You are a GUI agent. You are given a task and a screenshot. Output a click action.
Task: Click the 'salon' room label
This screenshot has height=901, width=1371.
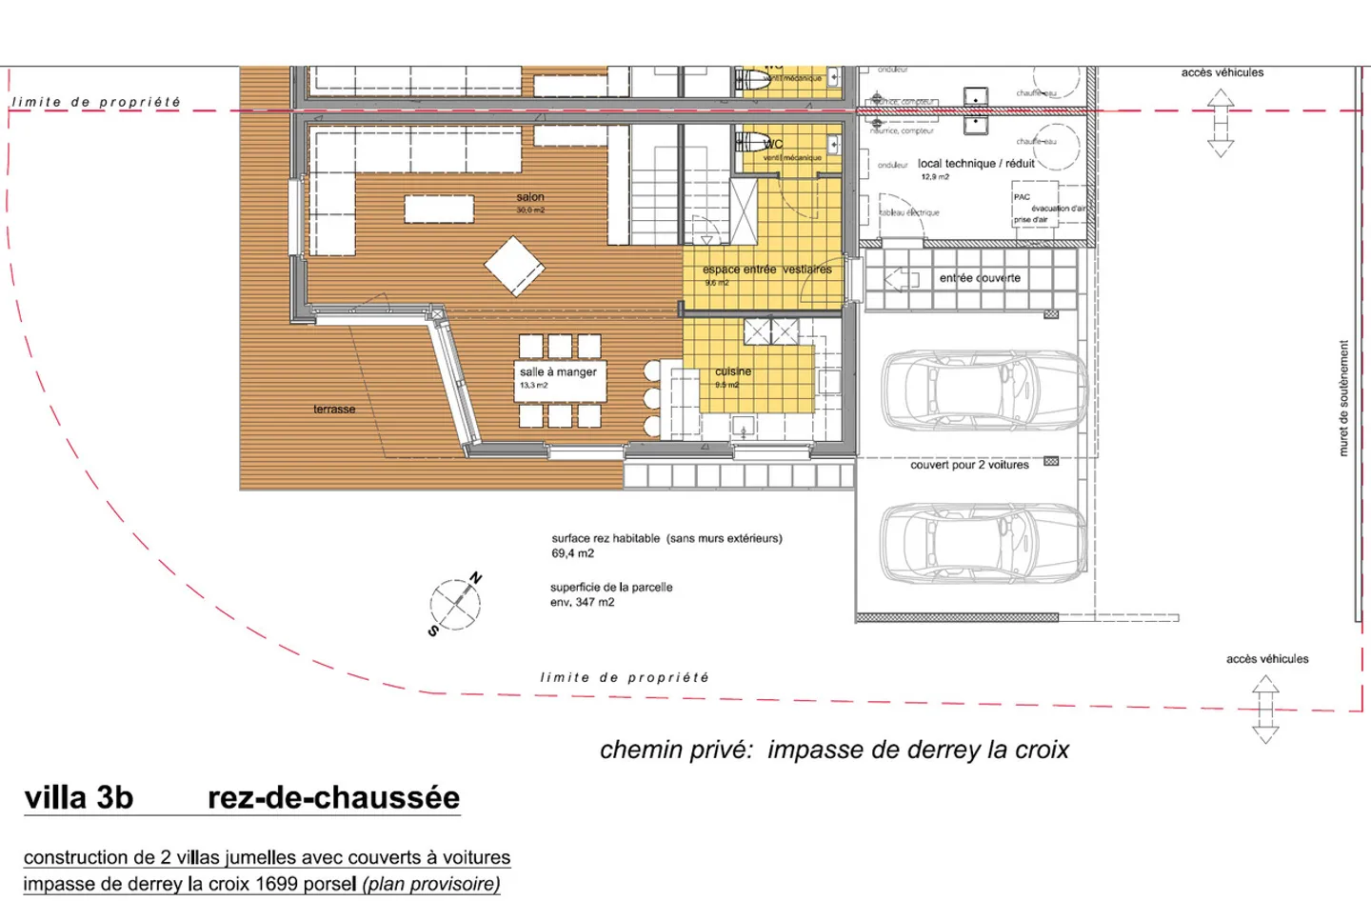[530, 197]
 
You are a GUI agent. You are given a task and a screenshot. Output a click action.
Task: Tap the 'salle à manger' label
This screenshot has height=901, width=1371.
[558, 371]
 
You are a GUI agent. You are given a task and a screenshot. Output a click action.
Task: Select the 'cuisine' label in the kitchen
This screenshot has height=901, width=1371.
[733, 371]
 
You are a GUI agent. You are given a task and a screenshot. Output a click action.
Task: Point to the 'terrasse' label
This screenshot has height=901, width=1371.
[334, 410]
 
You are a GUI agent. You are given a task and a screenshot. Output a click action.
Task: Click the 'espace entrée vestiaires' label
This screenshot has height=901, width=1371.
[766, 270]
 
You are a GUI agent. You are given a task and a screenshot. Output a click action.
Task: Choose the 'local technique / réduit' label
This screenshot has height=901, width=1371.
[976, 164]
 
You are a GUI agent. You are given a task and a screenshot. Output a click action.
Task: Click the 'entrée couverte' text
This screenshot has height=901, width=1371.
[980, 278]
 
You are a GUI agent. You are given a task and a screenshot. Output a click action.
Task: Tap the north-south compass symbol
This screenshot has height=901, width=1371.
[455, 604]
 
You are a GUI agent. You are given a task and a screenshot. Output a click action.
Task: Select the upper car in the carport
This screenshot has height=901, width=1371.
[984, 390]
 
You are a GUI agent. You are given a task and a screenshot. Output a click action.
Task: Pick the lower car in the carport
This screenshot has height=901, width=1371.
[983, 543]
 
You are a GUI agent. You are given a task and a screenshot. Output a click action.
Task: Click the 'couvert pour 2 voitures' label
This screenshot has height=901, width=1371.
[969, 465]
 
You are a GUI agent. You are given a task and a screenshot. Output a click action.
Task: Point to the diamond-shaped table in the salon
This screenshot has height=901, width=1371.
[514, 266]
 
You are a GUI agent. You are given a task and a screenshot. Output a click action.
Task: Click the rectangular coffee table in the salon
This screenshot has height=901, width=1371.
[439, 209]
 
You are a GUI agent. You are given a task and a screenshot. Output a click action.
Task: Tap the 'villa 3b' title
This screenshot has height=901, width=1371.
[79, 797]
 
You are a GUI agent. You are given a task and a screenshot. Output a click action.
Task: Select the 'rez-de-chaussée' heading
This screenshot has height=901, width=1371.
[333, 797]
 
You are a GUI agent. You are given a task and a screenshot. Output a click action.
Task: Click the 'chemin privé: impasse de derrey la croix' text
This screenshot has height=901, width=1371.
[834, 750]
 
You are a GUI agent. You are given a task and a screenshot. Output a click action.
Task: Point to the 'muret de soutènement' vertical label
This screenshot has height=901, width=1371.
[1343, 398]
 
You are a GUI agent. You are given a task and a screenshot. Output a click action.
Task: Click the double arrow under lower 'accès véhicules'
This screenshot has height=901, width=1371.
[1265, 709]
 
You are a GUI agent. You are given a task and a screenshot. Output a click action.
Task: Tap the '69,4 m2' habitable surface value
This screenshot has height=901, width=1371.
[572, 553]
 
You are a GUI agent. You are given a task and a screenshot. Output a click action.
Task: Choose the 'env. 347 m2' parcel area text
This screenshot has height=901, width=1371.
[582, 602]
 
